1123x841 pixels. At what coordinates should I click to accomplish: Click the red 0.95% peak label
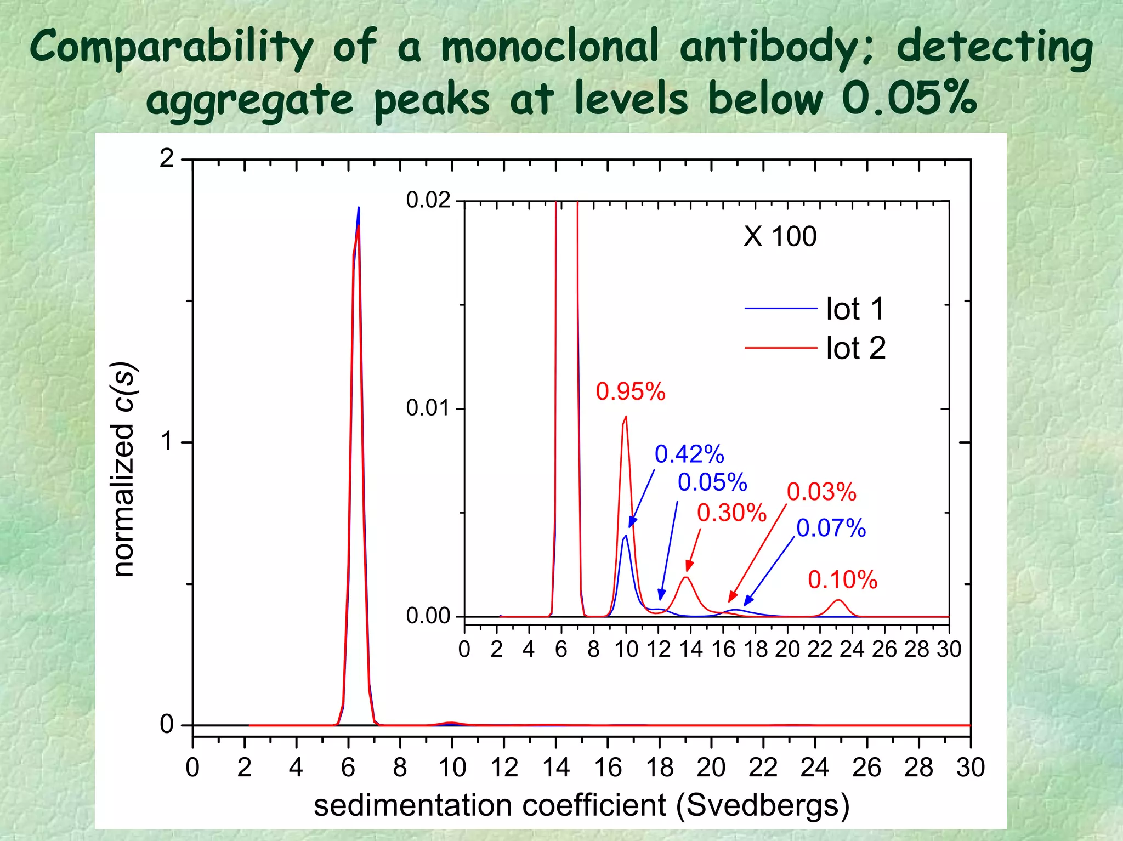[630, 392]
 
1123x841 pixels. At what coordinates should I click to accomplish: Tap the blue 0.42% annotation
[689, 454]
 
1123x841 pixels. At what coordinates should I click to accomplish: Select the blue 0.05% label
[712, 482]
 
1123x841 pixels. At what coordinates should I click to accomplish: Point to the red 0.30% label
[731, 513]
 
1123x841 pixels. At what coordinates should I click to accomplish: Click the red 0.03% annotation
[821, 492]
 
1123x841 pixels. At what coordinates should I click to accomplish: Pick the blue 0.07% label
[831, 529]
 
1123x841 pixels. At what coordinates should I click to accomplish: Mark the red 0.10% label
[842, 580]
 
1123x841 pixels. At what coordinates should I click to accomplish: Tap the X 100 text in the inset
[780, 237]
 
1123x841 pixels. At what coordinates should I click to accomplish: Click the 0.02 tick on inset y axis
[428, 201]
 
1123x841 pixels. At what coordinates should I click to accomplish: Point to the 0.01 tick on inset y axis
[428, 408]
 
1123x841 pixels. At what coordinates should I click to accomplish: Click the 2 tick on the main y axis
[167, 159]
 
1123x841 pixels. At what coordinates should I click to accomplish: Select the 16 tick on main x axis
[608, 768]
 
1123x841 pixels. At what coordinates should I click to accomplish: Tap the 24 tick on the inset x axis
[852, 650]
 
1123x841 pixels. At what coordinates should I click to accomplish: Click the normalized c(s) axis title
[123, 469]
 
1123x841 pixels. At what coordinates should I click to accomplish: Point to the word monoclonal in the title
[549, 47]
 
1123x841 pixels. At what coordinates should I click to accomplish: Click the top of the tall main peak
[359, 208]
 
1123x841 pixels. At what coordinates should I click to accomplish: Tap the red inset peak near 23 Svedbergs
[838, 601]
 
